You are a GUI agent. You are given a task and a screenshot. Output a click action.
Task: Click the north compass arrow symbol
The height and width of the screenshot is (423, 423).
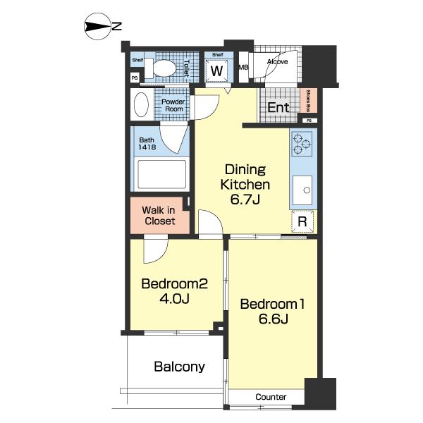click(98, 27)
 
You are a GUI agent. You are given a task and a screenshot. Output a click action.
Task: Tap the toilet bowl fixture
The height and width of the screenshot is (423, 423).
click(160, 68)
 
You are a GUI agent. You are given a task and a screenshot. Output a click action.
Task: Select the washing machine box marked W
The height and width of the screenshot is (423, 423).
click(217, 70)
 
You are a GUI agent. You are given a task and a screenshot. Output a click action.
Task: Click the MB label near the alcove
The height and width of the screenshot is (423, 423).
click(243, 68)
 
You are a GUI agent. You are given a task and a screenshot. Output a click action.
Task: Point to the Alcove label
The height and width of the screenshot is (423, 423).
click(277, 62)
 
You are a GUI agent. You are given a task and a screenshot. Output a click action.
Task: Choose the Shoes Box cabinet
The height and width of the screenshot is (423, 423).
click(308, 101)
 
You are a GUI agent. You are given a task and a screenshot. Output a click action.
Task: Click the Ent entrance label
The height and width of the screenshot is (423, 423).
click(278, 108)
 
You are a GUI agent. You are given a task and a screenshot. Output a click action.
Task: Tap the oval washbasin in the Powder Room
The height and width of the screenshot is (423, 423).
click(141, 104)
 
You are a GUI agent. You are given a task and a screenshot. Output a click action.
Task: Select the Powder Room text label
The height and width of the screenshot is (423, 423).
click(173, 105)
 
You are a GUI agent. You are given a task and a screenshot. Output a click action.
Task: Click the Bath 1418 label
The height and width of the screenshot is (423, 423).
click(147, 144)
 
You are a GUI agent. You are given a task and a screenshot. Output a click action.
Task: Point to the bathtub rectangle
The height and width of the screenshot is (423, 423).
click(162, 174)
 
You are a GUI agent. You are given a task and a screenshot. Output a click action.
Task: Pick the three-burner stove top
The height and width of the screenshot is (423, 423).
click(302, 144)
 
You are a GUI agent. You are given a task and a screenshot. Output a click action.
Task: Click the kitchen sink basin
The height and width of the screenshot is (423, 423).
click(302, 190)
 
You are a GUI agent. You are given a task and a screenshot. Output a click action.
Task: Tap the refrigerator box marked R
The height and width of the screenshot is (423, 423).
click(302, 221)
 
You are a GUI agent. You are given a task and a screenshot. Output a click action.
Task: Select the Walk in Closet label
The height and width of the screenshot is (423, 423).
click(159, 216)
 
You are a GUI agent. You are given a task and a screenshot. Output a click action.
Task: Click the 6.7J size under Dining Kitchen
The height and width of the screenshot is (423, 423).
click(245, 200)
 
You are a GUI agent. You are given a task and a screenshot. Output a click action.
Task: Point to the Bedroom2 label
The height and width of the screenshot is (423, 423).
click(175, 284)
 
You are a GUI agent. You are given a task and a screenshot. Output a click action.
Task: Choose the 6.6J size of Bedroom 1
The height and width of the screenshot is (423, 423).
click(274, 319)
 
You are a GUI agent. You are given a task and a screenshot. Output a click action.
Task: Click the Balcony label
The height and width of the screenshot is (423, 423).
click(179, 367)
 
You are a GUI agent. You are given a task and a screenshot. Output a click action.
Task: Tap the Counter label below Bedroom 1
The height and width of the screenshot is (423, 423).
click(271, 397)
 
